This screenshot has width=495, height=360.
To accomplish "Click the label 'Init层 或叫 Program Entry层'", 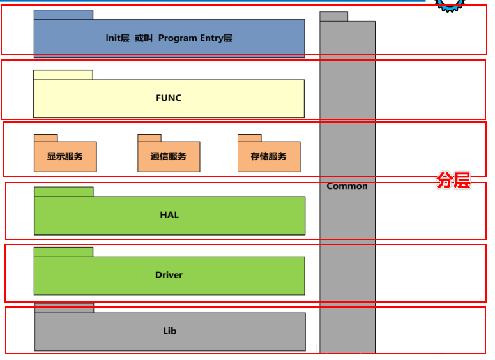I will coord(169,38).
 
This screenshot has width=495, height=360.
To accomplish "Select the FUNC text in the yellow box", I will coord(169,98).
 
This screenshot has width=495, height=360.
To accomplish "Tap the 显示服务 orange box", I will coord(65,156).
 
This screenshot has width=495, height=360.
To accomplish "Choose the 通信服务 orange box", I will coord(169,156).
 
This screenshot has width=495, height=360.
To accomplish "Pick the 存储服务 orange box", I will coord(269,156).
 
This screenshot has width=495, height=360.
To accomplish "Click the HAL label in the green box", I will coord(169,215).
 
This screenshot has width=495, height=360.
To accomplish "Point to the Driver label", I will coord(169,275).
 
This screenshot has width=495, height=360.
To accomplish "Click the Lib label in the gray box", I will coord(169,331).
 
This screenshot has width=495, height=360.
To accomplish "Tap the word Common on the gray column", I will coord(347,186).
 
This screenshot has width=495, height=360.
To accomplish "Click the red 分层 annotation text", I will coord(453,181).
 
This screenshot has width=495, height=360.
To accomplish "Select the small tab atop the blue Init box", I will coord(63,15).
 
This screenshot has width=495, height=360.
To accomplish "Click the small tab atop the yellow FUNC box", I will coord(63,75).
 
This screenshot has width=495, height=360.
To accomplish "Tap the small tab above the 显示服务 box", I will coord(46,138).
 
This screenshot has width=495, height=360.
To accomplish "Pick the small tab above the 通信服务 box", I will coord(149,138).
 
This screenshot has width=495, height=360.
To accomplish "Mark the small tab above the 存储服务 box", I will coord(250,138).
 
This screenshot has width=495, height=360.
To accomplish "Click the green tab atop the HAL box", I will coord(64,191).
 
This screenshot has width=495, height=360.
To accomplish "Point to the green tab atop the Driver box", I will coord(63,251).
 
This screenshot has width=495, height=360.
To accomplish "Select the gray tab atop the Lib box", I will coord(64,308).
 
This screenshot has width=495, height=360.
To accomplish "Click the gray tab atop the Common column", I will coord(333,17).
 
